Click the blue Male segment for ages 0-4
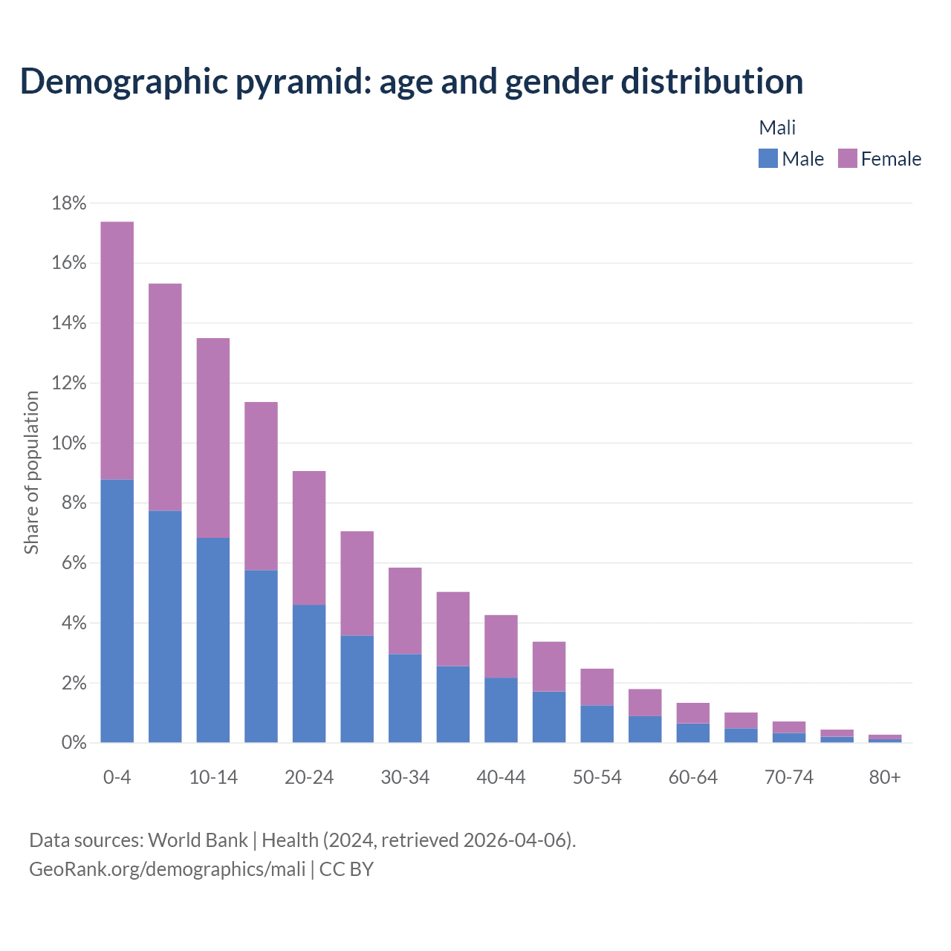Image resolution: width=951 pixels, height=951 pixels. pyautogui.click(x=117, y=611)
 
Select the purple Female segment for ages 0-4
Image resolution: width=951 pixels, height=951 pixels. pyautogui.click(x=117, y=351)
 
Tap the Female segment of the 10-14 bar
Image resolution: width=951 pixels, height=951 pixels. pyautogui.click(x=213, y=438)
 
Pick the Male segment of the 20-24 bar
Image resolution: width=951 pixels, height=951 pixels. pyautogui.click(x=309, y=673)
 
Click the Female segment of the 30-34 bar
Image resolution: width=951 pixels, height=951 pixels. pyautogui.click(x=405, y=611)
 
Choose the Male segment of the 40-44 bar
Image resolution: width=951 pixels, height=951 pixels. pyautogui.click(x=501, y=710)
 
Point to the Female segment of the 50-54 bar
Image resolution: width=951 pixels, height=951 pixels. pyautogui.click(x=597, y=687)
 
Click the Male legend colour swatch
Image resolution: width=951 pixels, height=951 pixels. pyautogui.click(x=767, y=158)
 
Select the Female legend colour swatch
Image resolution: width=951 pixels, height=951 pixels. pyautogui.click(x=847, y=158)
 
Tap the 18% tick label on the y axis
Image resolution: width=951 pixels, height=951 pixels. pyautogui.click(x=68, y=203)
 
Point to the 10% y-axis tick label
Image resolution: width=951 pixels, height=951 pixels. pyautogui.click(x=68, y=443)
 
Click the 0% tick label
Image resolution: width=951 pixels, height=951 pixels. pyautogui.click(x=74, y=742)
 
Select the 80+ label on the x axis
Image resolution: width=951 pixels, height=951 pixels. pyautogui.click(x=884, y=777)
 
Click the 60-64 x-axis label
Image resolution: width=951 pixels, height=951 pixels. pyautogui.click(x=692, y=777)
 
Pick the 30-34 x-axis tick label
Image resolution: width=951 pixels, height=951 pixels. pyautogui.click(x=405, y=777)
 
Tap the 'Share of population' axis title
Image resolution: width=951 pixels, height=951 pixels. pyautogui.click(x=31, y=473)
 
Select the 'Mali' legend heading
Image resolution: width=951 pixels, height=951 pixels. pyautogui.click(x=777, y=128)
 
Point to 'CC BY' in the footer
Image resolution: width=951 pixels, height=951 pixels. pyautogui.click(x=346, y=869)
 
